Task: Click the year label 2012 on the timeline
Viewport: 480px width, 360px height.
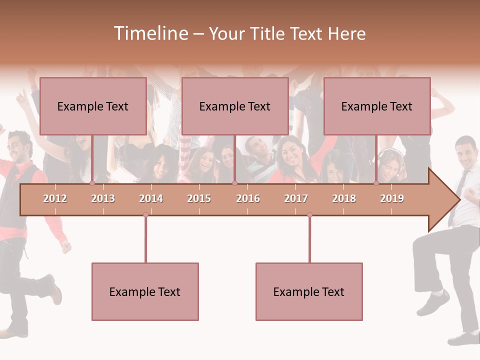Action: tap(55, 198)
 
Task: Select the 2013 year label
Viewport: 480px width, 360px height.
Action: tap(103, 198)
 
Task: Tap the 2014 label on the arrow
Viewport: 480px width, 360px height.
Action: tap(151, 198)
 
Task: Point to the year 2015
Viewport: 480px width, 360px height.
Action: tap(199, 198)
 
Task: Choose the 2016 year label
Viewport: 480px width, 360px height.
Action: tap(248, 198)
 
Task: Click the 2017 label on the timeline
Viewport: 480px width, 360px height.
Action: tap(296, 198)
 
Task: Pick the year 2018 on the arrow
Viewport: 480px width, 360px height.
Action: tap(344, 198)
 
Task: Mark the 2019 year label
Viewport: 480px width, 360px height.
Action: tap(392, 198)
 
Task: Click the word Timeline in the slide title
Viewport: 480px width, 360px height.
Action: tap(150, 33)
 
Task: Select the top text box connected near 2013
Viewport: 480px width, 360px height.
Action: tap(93, 106)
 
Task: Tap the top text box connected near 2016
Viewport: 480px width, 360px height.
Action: tap(235, 106)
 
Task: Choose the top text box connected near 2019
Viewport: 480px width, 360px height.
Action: tap(377, 106)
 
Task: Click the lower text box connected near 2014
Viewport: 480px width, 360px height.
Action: tap(145, 291)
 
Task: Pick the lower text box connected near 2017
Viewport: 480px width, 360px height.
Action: tap(309, 291)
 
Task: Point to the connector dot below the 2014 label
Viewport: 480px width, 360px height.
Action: tap(145, 215)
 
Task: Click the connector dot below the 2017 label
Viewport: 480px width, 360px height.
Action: tap(309, 215)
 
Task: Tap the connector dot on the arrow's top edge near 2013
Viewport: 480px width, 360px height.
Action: tap(92, 183)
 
